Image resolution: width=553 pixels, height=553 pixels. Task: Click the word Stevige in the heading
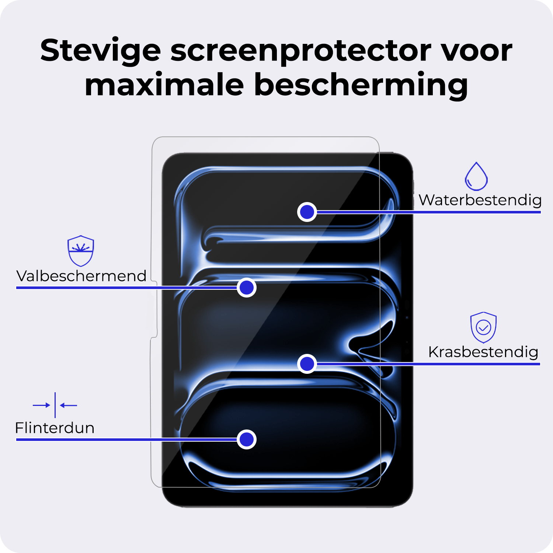100,51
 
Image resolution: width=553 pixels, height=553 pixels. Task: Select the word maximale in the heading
164,85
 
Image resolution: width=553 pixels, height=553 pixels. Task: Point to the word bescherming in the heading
361,85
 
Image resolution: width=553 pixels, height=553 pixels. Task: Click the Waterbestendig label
480,200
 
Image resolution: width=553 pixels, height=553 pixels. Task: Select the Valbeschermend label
81,276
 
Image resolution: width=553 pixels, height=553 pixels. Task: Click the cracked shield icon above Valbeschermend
81,251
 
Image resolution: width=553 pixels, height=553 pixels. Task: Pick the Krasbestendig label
483,352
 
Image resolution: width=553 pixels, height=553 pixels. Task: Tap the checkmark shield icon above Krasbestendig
483,327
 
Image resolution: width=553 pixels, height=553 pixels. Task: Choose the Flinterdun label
55,428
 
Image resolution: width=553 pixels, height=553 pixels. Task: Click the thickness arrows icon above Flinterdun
55,405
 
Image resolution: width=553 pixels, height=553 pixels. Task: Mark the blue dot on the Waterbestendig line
307,212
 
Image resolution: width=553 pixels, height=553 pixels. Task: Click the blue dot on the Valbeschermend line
247,288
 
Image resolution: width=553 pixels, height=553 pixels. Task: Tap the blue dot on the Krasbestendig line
307,364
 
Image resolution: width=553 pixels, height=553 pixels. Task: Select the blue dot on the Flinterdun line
247,439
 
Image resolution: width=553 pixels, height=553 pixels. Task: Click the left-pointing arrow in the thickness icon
69,405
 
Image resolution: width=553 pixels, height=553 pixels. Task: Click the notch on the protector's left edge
155,310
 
